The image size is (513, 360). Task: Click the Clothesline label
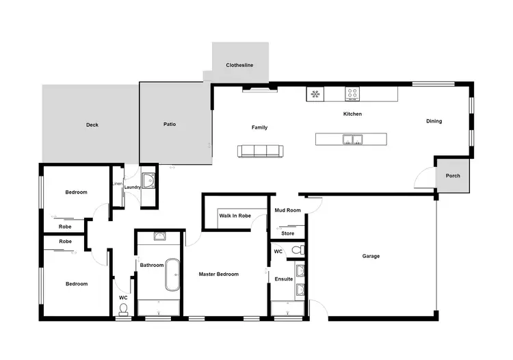pos(239,65)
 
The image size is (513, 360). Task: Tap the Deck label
pos(92,125)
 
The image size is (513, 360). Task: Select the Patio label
pos(170,125)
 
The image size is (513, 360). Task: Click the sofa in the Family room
pos(260,151)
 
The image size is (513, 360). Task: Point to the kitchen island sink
pos(353,140)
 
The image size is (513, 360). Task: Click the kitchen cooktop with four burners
pos(353,94)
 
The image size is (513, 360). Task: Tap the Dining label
pos(434,121)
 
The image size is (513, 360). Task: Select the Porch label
pos(453,176)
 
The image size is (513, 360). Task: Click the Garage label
pos(371,256)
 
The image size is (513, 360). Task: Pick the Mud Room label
pos(288,210)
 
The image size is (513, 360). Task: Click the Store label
pos(288,233)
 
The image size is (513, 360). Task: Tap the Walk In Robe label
pos(235,216)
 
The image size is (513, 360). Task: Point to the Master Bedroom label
pos(218,274)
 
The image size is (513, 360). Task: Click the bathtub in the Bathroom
pos(171,274)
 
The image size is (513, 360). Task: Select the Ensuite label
pos(284,279)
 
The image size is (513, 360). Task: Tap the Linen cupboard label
pos(117,183)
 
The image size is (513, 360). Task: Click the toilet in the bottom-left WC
pos(123,309)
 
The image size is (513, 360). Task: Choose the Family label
pos(259,127)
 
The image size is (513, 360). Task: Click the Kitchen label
pos(352,114)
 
